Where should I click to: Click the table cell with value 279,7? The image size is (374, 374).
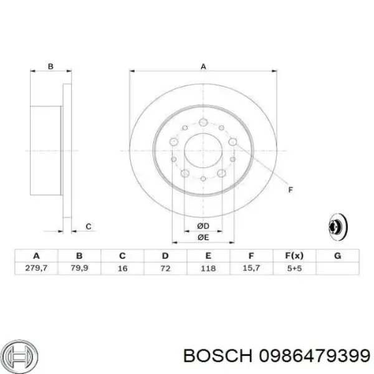(x=36, y=268)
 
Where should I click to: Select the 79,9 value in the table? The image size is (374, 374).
(x=79, y=268)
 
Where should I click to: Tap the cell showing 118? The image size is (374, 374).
(x=208, y=268)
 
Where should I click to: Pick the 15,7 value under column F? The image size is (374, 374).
(x=251, y=268)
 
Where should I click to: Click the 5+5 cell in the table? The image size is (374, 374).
(x=294, y=268)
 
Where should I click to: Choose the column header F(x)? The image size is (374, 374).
(x=294, y=256)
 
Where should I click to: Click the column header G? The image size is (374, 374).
(x=337, y=256)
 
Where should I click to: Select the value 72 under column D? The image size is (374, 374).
(x=165, y=268)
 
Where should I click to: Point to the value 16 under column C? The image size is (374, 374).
(x=122, y=268)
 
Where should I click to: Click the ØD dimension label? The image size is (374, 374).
(x=203, y=226)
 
